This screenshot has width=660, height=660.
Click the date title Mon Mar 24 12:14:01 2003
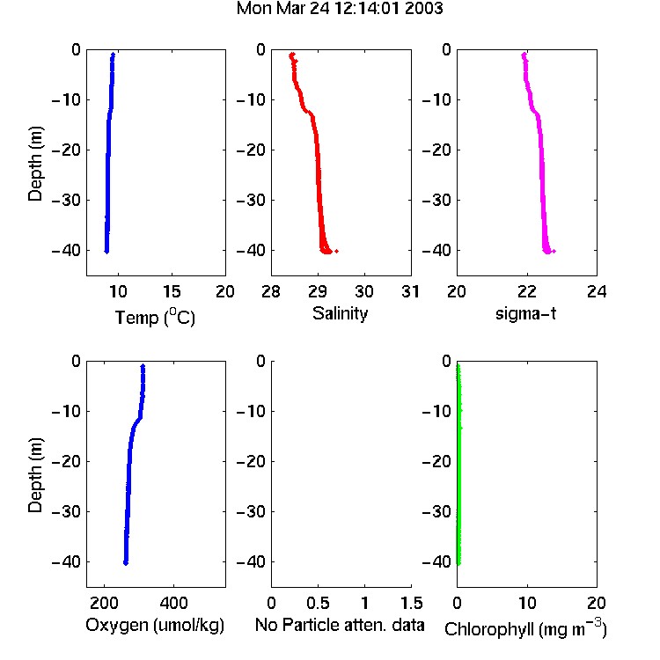[x=340, y=8]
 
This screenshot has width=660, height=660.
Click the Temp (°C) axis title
[x=155, y=317]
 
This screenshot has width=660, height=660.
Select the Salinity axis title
[x=340, y=313]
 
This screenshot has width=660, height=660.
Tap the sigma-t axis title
[x=525, y=313]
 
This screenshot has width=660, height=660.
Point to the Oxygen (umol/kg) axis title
[x=155, y=625]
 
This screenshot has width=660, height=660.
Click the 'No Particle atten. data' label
[x=340, y=625]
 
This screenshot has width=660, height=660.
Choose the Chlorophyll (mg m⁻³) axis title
[x=525, y=628]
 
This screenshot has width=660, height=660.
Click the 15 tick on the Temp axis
[x=172, y=291]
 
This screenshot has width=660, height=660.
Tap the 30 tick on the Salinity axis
[x=364, y=291]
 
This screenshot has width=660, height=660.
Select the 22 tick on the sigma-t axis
[x=526, y=291]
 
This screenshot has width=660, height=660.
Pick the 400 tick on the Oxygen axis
[x=173, y=603]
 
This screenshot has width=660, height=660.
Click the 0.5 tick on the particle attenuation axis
[x=318, y=603]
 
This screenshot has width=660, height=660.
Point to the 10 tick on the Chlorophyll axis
[x=527, y=603]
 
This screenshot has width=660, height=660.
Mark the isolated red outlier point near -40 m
[x=336, y=252]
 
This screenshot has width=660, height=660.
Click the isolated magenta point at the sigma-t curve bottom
[x=554, y=252]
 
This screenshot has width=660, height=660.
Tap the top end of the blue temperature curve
[x=113, y=55]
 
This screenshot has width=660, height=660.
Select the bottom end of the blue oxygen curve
[x=126, y=563]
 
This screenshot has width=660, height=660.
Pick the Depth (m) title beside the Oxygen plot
[x=35, y=475]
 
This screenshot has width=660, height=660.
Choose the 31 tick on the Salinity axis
[x=410, y=291]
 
